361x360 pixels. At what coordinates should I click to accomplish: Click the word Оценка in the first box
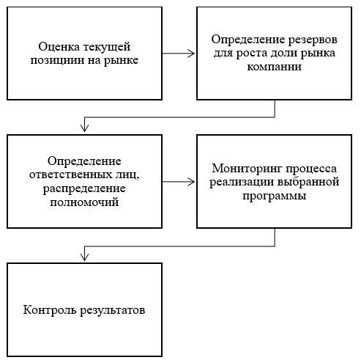[x=59, y=46]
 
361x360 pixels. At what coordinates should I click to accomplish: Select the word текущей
[x=107, y=47]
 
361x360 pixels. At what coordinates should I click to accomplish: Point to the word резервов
[x=313, y=40]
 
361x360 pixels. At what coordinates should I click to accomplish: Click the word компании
[x=274, y=67]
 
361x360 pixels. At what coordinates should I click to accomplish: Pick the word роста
[x=252, y=54]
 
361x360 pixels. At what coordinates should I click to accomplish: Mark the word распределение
[x=84, y=188]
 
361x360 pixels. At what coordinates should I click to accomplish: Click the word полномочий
[x=84, y=202]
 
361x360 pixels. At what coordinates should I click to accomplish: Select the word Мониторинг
[x=247, y=169]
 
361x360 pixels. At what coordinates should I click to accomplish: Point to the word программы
[x=275, y=196]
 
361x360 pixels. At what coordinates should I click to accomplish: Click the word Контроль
[x=50, y=310]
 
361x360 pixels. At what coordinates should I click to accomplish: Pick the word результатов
[x=113, y=311]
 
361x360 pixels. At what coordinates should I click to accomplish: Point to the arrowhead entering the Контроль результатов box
[x=84, y=257]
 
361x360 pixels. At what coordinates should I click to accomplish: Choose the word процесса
[x=311, y=169]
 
